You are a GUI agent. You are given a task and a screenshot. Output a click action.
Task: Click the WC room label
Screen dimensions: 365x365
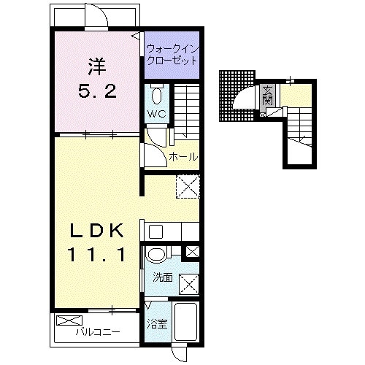tap(157, 114)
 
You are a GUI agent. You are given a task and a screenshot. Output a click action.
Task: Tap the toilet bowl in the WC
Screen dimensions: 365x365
tap(157, 96)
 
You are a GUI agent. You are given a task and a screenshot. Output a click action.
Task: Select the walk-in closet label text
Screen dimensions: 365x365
tap(172, 55)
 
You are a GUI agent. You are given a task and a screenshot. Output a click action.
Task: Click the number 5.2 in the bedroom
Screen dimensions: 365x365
tap(97, 92)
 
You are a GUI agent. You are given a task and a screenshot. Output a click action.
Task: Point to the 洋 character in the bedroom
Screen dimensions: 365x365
tap(97, 66)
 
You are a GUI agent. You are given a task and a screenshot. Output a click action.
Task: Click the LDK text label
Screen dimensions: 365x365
tap(97, 231)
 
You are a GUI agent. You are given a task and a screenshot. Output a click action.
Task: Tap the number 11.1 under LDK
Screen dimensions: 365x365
tap(97, 255)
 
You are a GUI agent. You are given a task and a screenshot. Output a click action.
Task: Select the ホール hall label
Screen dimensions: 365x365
tap(183, 157)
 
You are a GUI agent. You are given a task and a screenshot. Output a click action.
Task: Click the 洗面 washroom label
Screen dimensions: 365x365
tap(163, 277)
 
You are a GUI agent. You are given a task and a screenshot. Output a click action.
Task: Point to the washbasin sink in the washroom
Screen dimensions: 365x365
tap(156, 255)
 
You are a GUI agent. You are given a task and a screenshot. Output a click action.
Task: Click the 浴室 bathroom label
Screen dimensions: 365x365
tap(157, 324)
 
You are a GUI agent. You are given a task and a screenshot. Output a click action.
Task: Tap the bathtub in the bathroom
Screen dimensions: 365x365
tap(185, 321)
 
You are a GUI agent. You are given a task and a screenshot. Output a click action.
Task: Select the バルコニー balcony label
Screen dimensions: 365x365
tap(98, 332)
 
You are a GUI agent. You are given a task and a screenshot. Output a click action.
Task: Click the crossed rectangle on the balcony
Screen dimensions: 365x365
tap(69, 320)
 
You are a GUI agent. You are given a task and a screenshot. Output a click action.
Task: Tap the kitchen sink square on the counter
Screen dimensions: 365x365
tap(155, 231)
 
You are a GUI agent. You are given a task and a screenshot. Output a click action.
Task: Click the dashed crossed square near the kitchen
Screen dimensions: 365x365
tap(188, 187)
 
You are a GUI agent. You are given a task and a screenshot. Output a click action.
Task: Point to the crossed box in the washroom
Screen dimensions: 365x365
tap(189, 285)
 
